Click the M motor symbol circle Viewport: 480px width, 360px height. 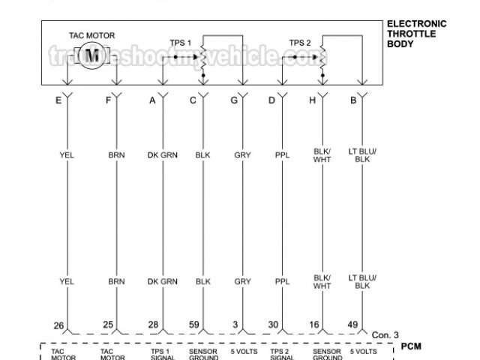pyautogui.click(x=93, y=55)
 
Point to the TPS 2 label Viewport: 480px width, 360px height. pyautogui.click(x=299, y=43)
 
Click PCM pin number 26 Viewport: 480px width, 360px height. pyautogui.click(x=58, y=325)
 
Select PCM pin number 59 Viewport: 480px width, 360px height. pyautogui.click(x=193, y=325)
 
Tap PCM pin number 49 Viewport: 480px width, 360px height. pyautogui.click(x=352, y=325)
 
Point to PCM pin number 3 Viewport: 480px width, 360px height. pyautogui.click(x=235, y=325)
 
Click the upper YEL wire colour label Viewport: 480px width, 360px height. pyautogui.click(x=67, y=155)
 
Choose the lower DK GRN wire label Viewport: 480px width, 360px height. pyautogui.click(x=163, y=282)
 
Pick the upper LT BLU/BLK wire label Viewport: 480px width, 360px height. pyautogui.click(x=363, y=155)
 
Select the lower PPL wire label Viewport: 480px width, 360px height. pyautogui.click(x=282, y=282)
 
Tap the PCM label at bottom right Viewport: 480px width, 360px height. pyautogui.click(x=412, y=346)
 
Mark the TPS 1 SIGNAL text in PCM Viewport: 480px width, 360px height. pyautogui.click(x=160, y=354)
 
